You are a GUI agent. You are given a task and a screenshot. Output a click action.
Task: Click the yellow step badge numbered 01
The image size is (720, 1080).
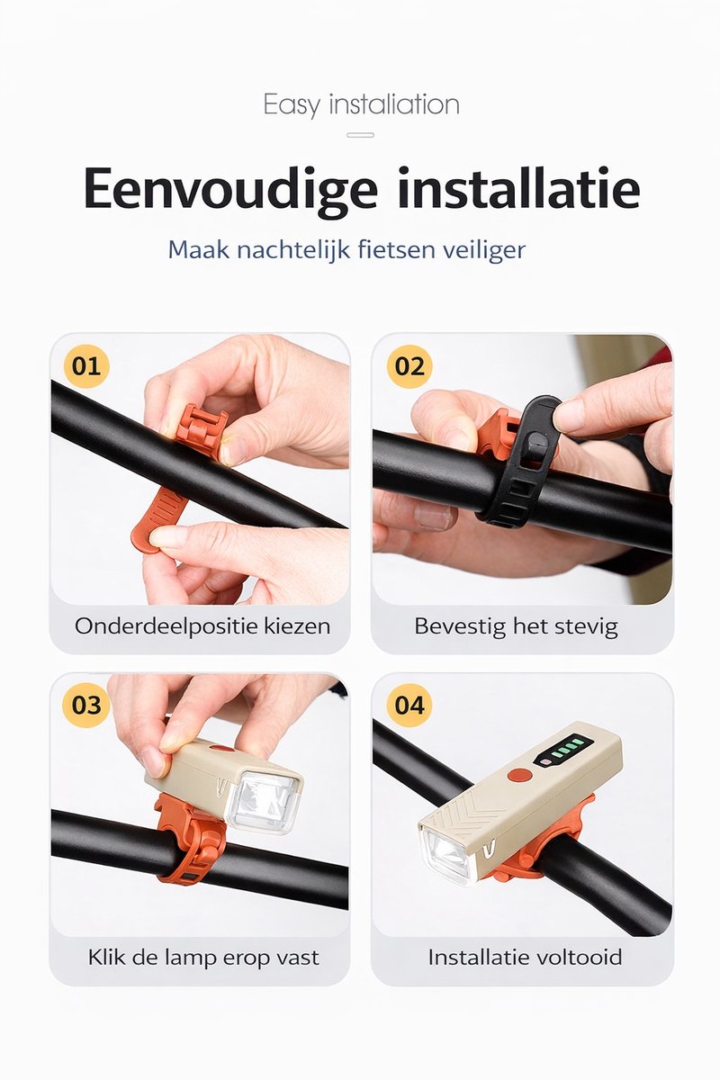point(86,365)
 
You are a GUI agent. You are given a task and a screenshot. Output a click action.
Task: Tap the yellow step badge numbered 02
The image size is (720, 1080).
point(409,365)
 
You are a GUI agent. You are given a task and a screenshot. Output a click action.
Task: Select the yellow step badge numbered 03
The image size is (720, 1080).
point(86,705)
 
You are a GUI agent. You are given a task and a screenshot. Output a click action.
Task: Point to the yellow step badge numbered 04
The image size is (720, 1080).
point(409,705)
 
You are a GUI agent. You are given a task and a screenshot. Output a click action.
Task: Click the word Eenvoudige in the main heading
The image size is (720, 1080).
point(229,189)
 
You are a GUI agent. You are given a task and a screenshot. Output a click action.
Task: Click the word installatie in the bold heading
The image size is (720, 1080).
point(519,187)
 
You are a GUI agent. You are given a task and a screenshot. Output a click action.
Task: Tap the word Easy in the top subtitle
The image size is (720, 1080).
point(292,105)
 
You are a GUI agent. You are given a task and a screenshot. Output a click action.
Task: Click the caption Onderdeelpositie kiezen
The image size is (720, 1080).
point(202,626)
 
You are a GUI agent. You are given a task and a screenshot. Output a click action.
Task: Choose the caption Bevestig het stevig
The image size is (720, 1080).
point(516,626)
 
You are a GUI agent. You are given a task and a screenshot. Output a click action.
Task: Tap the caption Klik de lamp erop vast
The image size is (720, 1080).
point(203,957)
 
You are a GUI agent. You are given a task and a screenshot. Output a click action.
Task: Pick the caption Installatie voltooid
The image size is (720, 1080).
point(526,957)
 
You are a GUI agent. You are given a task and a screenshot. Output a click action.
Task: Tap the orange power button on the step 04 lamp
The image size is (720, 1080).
point(519,776)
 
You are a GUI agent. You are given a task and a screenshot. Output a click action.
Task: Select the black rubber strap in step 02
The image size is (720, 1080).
point(519,462)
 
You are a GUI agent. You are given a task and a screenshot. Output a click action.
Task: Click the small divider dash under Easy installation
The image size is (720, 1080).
point(360,135)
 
